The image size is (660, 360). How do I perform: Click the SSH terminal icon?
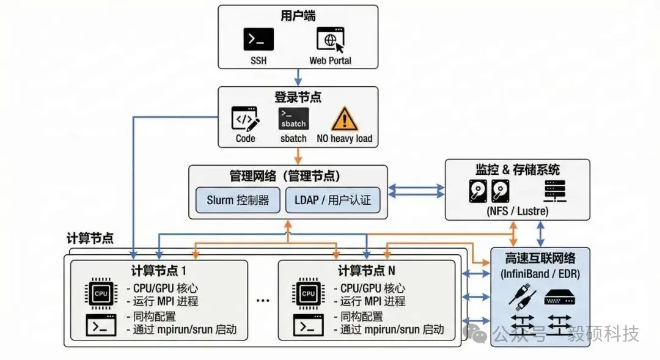258,40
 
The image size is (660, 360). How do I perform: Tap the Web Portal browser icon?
330,40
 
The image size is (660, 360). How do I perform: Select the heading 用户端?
298,15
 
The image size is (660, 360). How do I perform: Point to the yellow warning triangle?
344,118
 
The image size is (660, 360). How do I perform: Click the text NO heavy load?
344,139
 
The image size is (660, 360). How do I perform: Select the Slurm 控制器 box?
238,200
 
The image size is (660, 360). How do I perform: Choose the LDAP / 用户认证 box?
332,200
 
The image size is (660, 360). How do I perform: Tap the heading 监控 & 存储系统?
517,169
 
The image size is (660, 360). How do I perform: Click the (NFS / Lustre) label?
517,211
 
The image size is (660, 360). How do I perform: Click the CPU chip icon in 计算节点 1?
101,293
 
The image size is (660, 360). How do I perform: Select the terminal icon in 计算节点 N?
308,325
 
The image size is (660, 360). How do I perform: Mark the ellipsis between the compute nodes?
263,301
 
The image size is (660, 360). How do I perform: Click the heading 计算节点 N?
367,270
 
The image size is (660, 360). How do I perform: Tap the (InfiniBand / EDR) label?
540,273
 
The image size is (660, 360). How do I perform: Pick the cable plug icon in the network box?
521,298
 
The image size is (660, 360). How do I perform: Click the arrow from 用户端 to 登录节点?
298,77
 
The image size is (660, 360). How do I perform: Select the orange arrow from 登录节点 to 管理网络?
298,156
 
